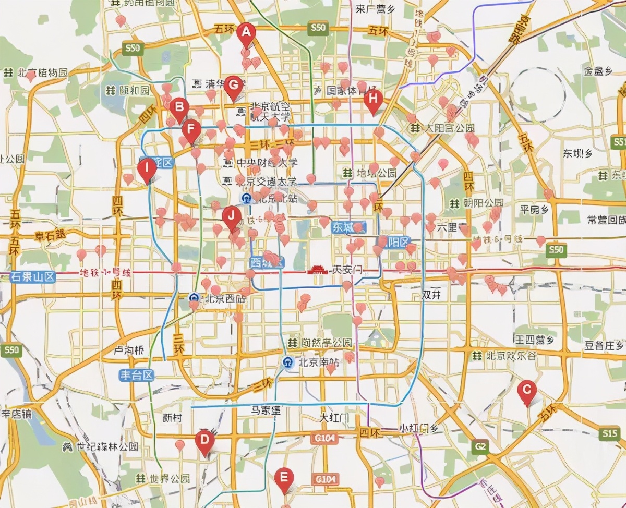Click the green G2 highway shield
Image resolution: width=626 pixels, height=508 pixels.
coord(480,446)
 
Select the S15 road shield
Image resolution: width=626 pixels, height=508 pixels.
coord(609,433)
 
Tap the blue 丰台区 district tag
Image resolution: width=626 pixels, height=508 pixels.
coord(137,375)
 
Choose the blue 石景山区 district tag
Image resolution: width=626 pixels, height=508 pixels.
coord(33,276)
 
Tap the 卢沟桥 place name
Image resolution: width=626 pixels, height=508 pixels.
coord(129,351)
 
